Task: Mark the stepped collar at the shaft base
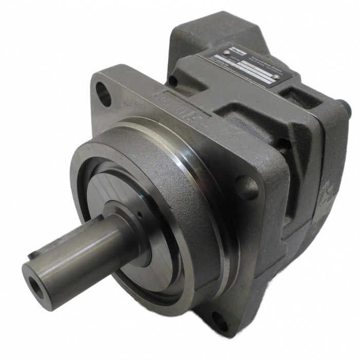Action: click(129, 221)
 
